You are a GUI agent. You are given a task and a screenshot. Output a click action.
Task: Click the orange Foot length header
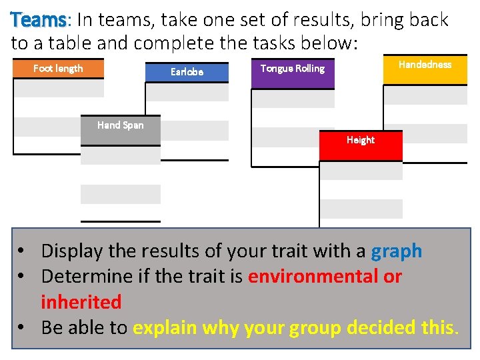(x=59, y=69)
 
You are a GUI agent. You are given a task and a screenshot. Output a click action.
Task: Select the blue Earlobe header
(x=187, y=72)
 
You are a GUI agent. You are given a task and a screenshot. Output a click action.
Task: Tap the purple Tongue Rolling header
(x=292, y=69)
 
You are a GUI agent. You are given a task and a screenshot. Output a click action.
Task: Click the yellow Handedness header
(x=425, y=65)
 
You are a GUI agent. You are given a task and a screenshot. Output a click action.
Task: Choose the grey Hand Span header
(x=120, y=125)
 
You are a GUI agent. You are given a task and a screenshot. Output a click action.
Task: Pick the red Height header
(x=360, y=141)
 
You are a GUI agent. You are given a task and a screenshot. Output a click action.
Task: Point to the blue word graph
(x=396, y=251)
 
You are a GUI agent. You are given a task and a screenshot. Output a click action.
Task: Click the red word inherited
(x=81, y=302)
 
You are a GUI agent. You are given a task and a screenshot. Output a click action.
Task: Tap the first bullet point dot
(x=23, y=252)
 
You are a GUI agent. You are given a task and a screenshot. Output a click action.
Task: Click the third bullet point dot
(x=23, y=328)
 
